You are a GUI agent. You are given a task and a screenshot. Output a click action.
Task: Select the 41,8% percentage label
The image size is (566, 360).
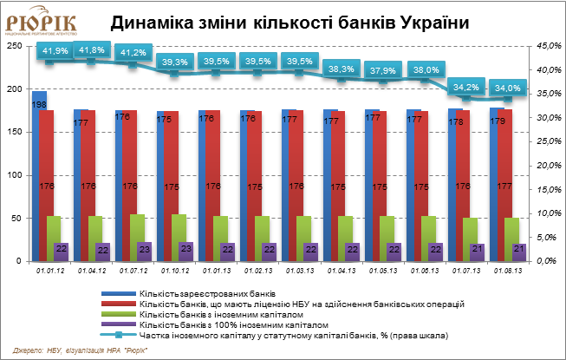(93, 50)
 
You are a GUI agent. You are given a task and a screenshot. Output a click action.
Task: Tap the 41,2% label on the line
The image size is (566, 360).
(133, 53)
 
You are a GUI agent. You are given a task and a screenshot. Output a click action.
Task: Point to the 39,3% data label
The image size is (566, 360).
(175, 62)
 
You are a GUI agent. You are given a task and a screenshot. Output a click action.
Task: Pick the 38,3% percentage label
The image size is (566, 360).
(342, 69)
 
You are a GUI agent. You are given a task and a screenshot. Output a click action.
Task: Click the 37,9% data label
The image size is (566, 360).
(383, 70)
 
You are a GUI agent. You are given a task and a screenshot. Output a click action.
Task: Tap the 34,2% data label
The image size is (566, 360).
(466, 88)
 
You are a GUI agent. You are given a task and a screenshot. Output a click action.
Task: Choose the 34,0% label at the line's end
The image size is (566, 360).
(506, 88)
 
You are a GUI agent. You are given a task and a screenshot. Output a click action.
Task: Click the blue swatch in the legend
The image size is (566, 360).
(119, 294)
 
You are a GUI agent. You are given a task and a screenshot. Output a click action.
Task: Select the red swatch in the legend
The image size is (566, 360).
(119, 304)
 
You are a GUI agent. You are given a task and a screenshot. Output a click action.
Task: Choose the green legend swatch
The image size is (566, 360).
(119, 314)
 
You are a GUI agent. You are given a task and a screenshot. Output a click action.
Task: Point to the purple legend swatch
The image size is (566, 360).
(119, 324)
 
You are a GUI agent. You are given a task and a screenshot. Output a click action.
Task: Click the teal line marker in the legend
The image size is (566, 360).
(119, 334)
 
